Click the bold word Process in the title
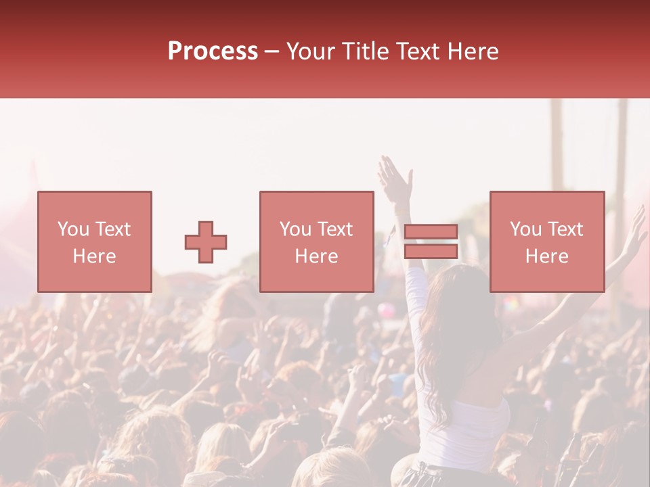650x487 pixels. pos(213,51)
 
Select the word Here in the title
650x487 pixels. pos(473,51)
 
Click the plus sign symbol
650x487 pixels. pos(206,241)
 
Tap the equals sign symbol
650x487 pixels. pos(431,241)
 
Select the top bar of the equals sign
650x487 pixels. pos(431,232)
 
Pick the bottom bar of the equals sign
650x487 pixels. pos(431,251)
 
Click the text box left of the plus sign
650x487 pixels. pos(94,241)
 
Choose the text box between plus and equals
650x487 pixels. pos(316,241)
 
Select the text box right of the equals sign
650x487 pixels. pos(546,241)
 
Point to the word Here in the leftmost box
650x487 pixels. pos(94,256)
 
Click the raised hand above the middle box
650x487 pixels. pos(395,177)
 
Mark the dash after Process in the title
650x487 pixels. pos(272,52)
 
